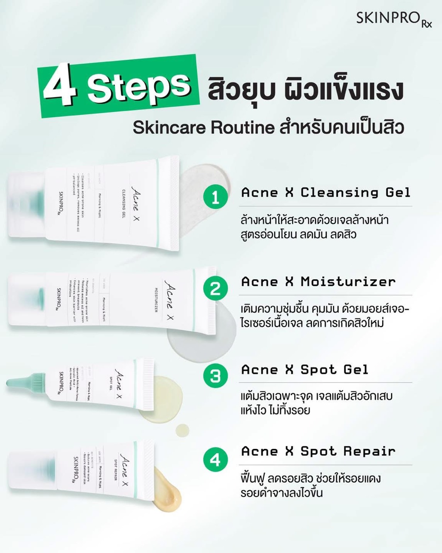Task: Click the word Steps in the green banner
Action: tap(138, 84)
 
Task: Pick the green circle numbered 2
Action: tap(215, 288)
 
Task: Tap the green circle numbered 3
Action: tap(215, 375)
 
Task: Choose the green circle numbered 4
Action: tap(215, 459)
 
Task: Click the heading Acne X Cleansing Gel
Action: tap(325, 192)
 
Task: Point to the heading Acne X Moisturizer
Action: tap(318, 282)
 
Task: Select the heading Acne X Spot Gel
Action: tap(304, 370)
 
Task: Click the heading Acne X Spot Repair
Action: tap(318, 451)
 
